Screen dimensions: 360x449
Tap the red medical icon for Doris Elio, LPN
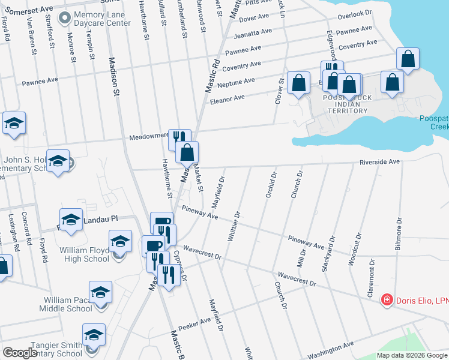pos(387,299)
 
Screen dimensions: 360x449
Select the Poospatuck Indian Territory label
pos(348,104)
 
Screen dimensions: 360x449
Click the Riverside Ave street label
pos(379,162)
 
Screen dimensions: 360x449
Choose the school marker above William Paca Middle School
pos(101,293)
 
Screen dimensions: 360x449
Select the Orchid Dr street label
pos(271,185)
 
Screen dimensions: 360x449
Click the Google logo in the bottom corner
pos(20,353)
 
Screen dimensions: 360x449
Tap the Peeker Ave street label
pos(194,322)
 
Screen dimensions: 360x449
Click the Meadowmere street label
pos(149,136)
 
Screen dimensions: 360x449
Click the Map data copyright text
pos(411,355)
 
